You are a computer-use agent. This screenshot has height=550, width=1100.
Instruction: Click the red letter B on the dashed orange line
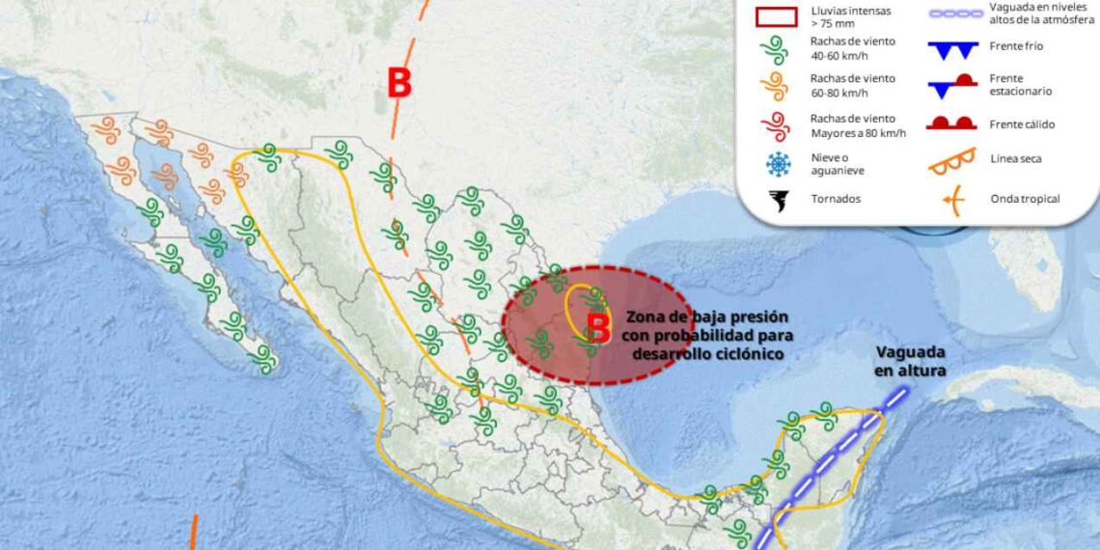tap(399, 84)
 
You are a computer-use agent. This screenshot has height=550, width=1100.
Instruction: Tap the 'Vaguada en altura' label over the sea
tap(910, 361)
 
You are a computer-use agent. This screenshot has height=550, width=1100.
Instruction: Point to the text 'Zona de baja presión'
tap(707, 316)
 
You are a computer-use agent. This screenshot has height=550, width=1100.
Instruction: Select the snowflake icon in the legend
tap(777, 164)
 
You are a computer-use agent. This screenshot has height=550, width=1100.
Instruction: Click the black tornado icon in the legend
tap(777, 200)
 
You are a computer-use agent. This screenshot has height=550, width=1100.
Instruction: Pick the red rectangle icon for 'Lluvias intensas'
tap(777, 16)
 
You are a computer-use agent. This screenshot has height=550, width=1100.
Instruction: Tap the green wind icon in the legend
tap(777, 49)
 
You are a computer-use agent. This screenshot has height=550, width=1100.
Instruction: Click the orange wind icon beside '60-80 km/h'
tap(777, 87)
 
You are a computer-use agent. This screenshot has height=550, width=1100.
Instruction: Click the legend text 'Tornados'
tap(837, 200)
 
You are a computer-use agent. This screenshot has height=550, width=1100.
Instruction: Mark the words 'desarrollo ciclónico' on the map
tap(707, 354)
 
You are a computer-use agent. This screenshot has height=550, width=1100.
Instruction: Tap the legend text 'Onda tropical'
tap(1025, 200)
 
